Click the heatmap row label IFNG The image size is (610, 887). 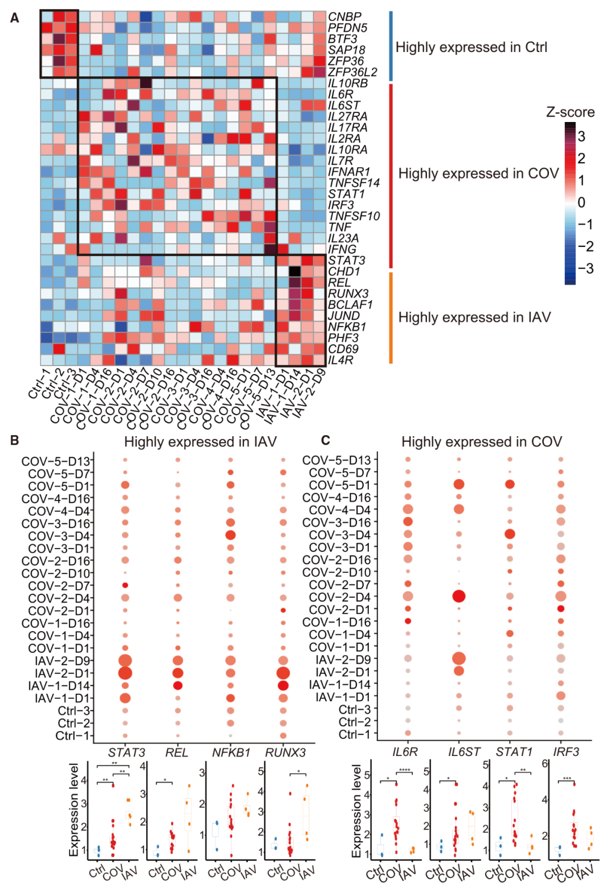(x=342, y=249)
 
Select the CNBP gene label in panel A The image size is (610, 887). (x=345, y=17)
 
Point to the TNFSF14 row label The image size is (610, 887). (x=354, y=182)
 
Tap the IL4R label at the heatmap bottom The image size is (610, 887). (x=341, y=360)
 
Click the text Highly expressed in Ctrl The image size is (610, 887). (x=471, y=47)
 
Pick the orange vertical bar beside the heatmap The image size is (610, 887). (x=390, y=318)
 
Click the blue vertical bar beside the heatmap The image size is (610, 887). (x=390, y=46)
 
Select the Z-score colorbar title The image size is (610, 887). (x=570, y=112)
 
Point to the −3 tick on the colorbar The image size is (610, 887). (x=585, y=268)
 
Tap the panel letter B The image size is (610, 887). (x=15, y=441)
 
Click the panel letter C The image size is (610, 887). (x=325, y=441)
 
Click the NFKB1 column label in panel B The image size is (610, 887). (x=231, y=753)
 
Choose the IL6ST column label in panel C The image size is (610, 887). (x=464, y=752)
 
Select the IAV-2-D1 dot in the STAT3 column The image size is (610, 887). (x=125, y=673)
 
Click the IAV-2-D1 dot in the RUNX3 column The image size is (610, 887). (x=283, y=673)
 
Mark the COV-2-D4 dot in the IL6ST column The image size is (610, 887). (x=459, y=596)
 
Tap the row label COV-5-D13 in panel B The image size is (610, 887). (x=55, y=462)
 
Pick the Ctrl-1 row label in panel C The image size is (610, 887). (x=355, y=734)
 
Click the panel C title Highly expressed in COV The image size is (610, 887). (x=481, y=442)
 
